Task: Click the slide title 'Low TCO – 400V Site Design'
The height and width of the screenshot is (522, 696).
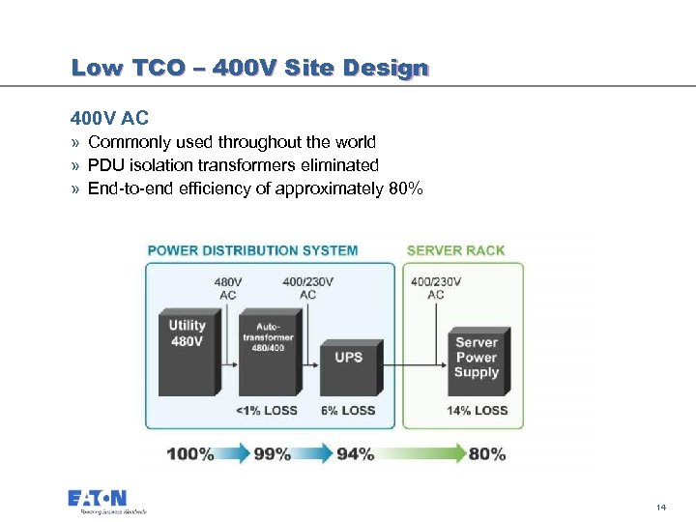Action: tap(248, 69)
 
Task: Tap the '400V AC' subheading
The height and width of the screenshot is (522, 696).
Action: tap(109, 120)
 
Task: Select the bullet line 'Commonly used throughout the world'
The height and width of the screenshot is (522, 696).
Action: tap(232, 143)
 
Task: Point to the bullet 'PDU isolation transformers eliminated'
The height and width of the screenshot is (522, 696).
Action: tap(233, 165)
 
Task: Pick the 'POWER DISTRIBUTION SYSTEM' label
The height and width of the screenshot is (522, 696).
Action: tap(252, 250)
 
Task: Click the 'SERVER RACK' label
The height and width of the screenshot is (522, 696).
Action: tap(455, 250)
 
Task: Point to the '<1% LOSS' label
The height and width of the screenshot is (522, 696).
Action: tap(267, 411)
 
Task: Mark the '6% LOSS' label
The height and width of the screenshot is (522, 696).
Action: tap(348, 411)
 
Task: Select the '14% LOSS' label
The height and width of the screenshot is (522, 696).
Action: tap(477, 411)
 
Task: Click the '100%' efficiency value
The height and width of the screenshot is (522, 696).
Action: tap(190, 453)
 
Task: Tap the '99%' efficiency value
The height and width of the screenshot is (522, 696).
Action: tap(272, 453)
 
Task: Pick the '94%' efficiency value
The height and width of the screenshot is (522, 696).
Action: tap(355, 453)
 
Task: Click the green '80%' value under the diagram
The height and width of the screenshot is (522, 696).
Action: tap(486, 453)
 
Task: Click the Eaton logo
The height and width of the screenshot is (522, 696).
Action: tap(98, 501)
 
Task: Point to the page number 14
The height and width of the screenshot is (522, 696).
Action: tap(661, 507)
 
